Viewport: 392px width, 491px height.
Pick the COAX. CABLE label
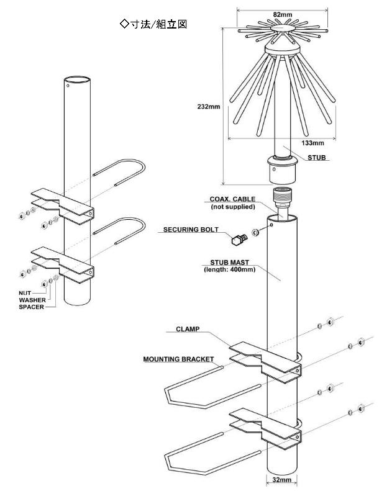coord(232,199)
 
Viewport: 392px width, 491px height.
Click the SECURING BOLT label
coord(191,229)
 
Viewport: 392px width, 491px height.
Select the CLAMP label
coord(188,329)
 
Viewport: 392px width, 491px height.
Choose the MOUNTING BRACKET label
coord(178,359)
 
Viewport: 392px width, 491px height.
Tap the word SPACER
coord(31,307)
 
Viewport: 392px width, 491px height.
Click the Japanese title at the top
coord(153,24)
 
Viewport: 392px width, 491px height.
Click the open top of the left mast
coord(78,79)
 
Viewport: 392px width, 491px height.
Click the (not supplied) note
coord(232,206)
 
